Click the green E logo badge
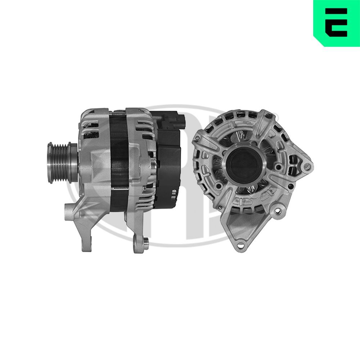(x=337, y=22)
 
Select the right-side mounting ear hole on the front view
(x=307, y=166)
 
